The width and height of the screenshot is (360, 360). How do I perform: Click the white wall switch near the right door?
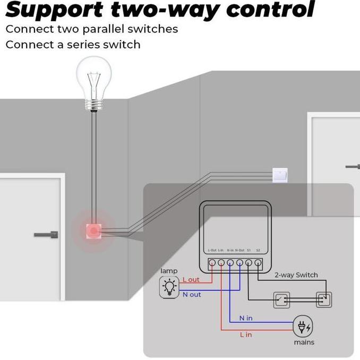click(x=280, y=175)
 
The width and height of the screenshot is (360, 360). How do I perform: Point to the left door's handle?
click(x=47, y=234)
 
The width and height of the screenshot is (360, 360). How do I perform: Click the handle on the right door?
click(x=353, y=167)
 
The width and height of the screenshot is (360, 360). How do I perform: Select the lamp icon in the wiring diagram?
click(x=169, y=287)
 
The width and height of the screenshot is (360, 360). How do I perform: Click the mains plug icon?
click(x=303, y=327)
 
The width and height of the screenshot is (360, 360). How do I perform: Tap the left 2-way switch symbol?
click(x=281, y=299)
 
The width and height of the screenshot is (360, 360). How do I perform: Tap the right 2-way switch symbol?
click(x=323, y=299)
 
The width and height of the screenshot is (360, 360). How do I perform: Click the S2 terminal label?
click(x=258, y=250)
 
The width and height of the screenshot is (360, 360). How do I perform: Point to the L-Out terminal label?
click(x=212, y=250)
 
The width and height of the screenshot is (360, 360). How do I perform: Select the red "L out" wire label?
click(x=191, y=279)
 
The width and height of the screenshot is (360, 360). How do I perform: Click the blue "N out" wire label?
click(x=192, y=294)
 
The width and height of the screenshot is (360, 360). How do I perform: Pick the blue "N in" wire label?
click(x=245, y=318)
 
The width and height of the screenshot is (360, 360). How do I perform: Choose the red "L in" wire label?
click(x=246, y=335)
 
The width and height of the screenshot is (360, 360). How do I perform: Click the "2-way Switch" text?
click(x=296, y=275)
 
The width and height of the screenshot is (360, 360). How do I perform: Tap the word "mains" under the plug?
click(x=304, y=342)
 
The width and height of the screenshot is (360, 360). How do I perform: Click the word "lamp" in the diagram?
click(x=169, y=271)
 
